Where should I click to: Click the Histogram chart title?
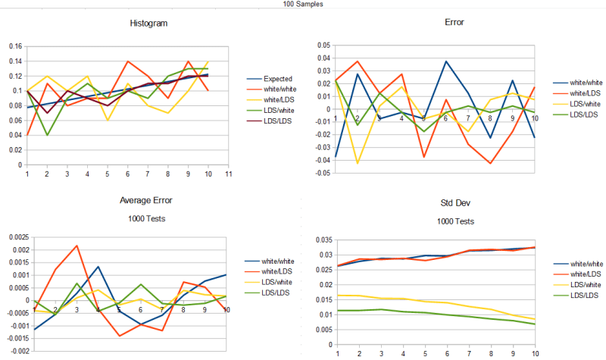[x=148, y=23]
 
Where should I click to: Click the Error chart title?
[x=454, y=23]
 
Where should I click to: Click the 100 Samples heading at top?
[x=303, y=4]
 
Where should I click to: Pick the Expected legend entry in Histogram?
[x=278, y=79]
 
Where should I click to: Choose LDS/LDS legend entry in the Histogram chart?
[x=278, y=121]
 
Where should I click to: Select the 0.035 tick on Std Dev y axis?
[x=322, y=239]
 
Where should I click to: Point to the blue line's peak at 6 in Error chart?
[x=447, y=61]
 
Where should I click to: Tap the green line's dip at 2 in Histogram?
[x=47, y=135]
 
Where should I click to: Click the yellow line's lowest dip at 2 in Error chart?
[x=357, y=163]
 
